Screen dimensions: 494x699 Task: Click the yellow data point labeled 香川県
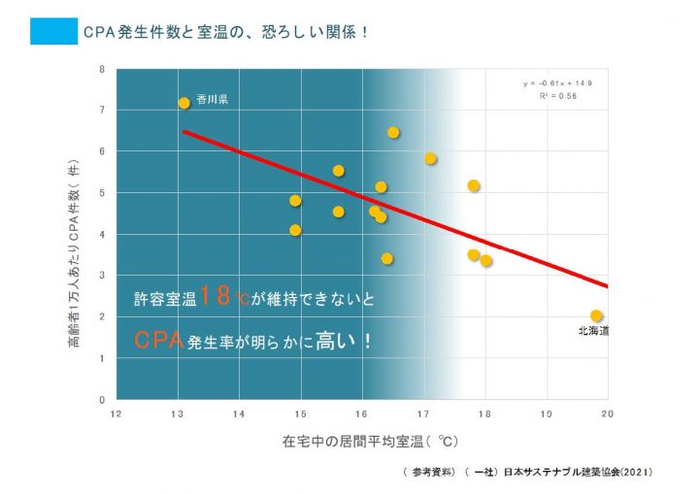tap(183, 103)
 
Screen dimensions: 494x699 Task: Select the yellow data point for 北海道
tap(596, 315)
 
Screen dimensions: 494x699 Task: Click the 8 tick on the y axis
tap(103, 70)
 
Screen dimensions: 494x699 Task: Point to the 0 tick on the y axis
tap(103, 399)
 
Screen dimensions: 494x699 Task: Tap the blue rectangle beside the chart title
tap(53, 32)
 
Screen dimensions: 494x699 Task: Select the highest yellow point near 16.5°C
tap(393, 133)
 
